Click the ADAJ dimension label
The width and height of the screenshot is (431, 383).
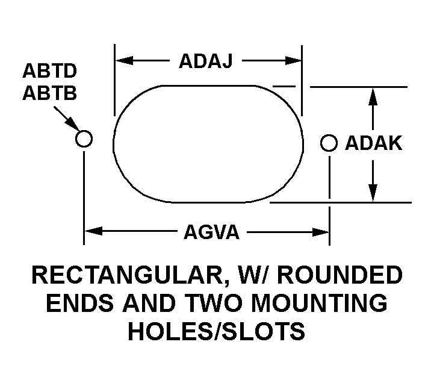coord(206,61)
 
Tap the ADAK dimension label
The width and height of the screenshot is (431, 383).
coord(373,143)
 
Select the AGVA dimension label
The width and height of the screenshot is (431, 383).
coord(211,231)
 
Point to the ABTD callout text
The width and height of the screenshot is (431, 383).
coord(50,72)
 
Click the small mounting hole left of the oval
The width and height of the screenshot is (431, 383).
coord(84,139)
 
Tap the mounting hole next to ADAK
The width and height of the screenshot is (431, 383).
coord(329,143)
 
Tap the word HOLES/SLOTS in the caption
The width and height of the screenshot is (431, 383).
coord(217,331)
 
